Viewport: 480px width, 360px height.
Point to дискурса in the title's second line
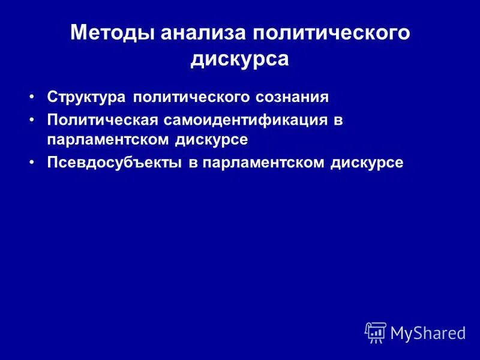tap(240, 59)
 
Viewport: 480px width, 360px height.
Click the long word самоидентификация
tap(245, 119)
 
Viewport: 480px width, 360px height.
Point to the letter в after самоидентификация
tap(338, 120)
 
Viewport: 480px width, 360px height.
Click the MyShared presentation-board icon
tap(376, 332)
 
